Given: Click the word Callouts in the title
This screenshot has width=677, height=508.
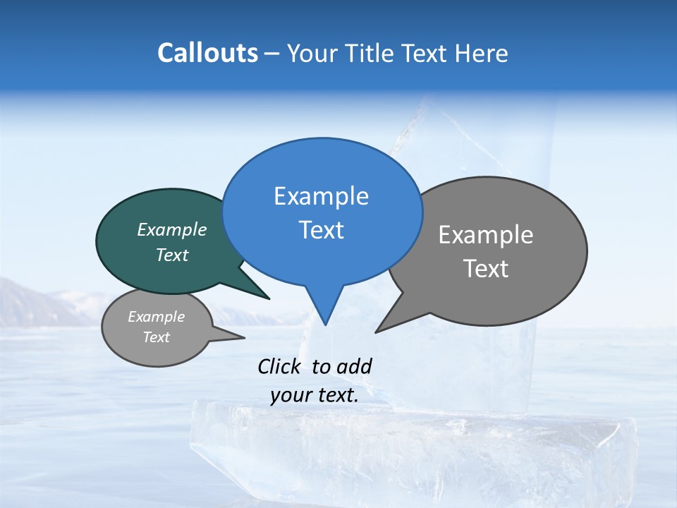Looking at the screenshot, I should click(x=207, y=53).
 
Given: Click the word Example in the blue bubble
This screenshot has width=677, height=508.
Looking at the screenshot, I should click(x=321, y=196).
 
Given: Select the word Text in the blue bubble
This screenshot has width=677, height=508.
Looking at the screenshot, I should click(x=322, y=230).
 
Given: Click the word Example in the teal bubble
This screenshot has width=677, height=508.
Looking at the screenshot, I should click(x=172, y=229).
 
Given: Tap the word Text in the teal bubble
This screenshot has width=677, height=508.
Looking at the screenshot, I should click(x=172, y=255).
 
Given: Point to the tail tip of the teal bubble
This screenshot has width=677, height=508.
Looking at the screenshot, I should click(x=269, y=298).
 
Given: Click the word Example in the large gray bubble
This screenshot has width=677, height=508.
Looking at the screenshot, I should click(x=486, y=235).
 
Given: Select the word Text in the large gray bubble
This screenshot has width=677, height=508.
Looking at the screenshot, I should click(x=486, y=269).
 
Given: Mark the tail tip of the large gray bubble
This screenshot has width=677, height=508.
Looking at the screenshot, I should click(x=376, y=332).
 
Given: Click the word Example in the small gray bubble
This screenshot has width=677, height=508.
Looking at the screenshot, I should click(x=156, y=317).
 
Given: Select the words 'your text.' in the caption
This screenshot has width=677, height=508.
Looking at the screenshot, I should click(x=315, y=396).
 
